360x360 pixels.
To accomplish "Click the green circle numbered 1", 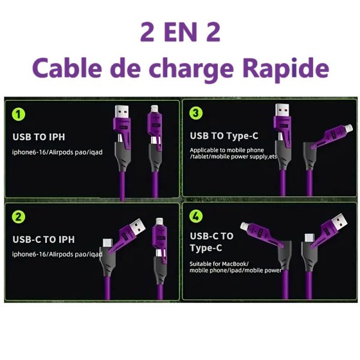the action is click(19, 115).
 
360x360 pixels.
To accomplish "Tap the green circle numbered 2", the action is click(19, 217).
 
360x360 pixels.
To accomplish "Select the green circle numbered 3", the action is click(196, 113).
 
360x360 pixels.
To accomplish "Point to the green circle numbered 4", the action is click(196, 216).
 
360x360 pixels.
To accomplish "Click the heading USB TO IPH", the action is click(39, 137).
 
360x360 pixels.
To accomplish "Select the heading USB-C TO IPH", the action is click(44, 239).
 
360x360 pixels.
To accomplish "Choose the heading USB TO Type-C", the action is click(224, 136).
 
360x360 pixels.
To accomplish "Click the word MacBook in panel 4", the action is click(235, 264).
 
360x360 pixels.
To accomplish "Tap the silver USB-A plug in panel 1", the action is click(121, 111).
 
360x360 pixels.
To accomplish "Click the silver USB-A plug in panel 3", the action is click(282, 110).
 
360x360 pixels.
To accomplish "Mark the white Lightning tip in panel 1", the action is click(155, 109).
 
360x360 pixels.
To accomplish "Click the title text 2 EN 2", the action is click(180, 32).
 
